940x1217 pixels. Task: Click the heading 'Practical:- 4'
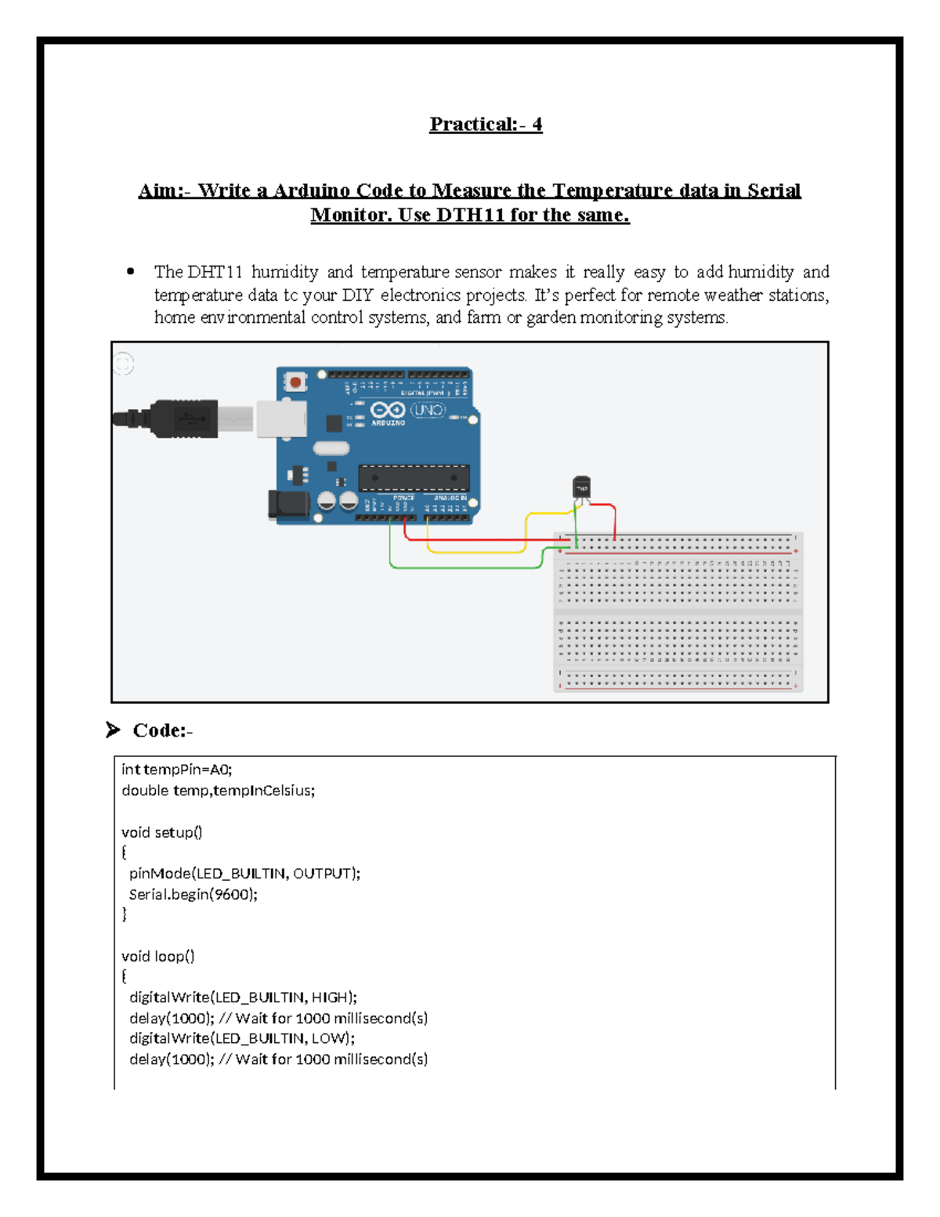coord(485,125)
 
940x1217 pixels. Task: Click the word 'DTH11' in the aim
coord(470,215)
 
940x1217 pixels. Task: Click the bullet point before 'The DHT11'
coord(131,272)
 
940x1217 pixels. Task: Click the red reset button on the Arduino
coord(295,382)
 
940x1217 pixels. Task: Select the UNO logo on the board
coord(428,410)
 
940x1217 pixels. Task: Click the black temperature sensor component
coord(581,488)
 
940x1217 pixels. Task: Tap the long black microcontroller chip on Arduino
coord(414,477)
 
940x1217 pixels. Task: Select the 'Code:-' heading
coord(162,730)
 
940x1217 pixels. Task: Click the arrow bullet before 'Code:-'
coord(114,730)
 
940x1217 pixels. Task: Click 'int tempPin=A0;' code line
coord(177,770)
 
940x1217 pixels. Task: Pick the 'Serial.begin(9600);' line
coord(193,894)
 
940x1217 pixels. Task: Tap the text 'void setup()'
coord(162,832)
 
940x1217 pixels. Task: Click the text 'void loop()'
coord(158,956)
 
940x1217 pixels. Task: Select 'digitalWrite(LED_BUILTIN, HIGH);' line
coord(243,998)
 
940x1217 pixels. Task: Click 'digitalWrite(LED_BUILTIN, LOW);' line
coord(242,1038)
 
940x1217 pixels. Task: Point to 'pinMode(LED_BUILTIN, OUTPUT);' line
coord(244,874)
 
